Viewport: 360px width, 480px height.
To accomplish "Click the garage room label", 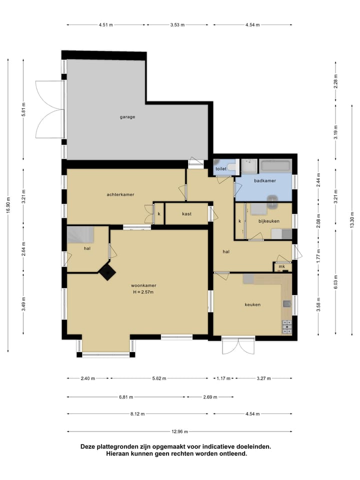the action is pyautogui.click(x=127, y=117).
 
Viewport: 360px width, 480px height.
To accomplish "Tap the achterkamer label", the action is pyautogui.click(x=120, y=194).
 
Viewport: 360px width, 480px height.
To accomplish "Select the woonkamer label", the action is pyautogui.click(x=143, y=285).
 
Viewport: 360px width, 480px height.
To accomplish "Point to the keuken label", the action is pyautogui.click(x=252, y=304).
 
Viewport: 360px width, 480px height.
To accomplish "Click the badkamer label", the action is pyautogui.click(x=265, y=180).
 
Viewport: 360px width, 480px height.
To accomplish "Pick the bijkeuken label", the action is pyautogui.click(x=269, y=221).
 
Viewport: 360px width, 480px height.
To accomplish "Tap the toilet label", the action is pyautogui.click(x=221, y=168).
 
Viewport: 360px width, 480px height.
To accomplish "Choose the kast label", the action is pyautogui.click(x=186, y=213).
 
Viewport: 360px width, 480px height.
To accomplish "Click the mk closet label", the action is pyautogui.click(x=281, y=266).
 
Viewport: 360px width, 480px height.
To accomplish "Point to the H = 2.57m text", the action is pyautogui.click(x=143, y=292).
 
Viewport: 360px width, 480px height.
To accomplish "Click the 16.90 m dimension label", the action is pyautogui.click(x=8, y=205).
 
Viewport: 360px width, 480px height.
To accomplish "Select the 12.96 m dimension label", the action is pyautogui.click(x=179, y=431).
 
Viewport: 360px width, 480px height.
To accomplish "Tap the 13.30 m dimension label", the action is pyautogui.click(x=352, y=219).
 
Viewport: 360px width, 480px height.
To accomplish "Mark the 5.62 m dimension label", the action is pyautogui.click(x=159, y=378).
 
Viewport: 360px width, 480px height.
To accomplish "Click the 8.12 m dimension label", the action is pyautogui.click(x=137, y=414).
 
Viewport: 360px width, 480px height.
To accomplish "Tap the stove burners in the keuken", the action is pyautogui.click(x=286, y=326).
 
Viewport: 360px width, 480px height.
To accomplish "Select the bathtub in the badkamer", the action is pyautogui.click(x=275, y=166).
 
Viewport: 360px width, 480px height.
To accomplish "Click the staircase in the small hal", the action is pyautogui.click(x=80, y=234).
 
